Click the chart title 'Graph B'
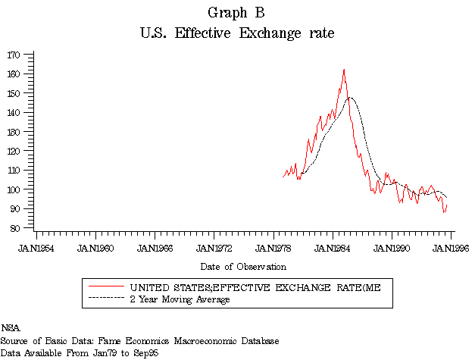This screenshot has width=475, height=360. point(237,13)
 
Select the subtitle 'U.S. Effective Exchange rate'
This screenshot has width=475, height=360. point(237,33)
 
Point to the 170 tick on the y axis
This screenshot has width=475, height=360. point(15,55)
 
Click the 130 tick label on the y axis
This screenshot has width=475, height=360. point(15,132)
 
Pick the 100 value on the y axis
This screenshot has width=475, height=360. point(15,189)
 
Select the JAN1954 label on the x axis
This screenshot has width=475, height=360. point(36,247)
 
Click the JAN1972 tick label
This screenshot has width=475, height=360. point(214,247)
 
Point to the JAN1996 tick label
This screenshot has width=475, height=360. point(452,247)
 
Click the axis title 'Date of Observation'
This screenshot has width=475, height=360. point(243,267)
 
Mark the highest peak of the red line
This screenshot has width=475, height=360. point(344,70)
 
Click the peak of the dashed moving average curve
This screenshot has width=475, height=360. point(350,97)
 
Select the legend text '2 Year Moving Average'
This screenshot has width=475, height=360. point(180,299)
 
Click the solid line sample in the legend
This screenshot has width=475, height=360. point(105,288)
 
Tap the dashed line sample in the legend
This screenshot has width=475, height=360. point(105,299)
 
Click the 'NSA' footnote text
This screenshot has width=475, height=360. point(10,328)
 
